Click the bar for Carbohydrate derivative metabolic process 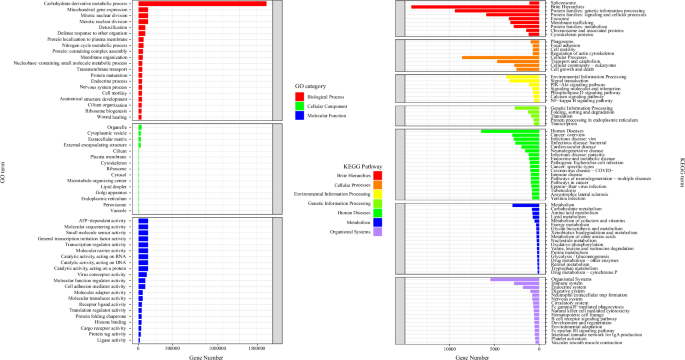coord(200,4)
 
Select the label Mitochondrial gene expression coord(103,11)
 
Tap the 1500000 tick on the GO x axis coord(255,349)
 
